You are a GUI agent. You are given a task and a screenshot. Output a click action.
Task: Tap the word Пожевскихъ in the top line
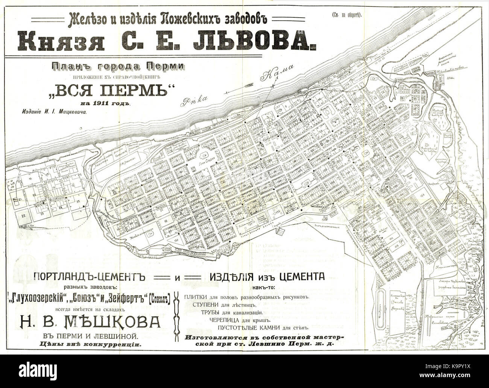click(188, 17)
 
